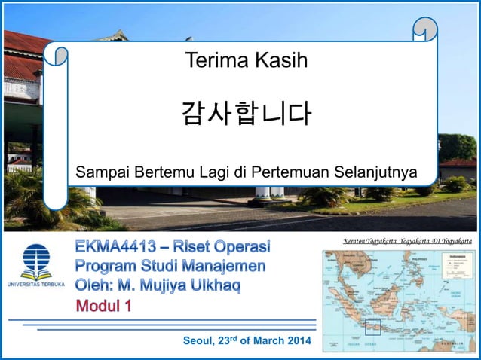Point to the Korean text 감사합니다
[246, 114]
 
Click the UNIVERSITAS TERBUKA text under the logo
[36, 285]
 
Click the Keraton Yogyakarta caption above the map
[407, 241]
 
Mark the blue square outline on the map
[373, 328]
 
